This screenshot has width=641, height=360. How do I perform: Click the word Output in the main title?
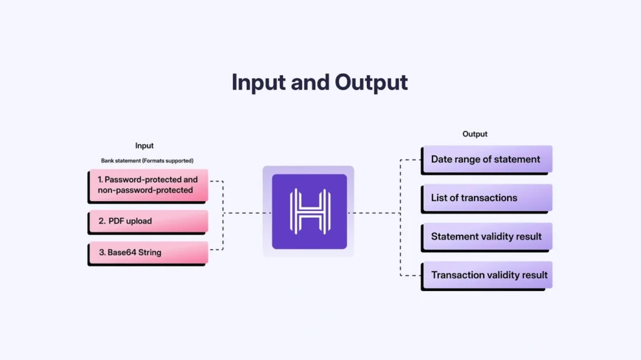point(371,82)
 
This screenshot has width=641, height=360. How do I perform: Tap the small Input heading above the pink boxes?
point(145,146)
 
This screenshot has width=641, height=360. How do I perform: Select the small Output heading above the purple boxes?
point(474,134)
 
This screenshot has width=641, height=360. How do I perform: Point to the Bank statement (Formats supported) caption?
point(147,161)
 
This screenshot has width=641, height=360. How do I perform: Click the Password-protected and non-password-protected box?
point(148,185)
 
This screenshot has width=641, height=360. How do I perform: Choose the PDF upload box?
point(148,221)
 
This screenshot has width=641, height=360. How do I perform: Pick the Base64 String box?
point(148,252)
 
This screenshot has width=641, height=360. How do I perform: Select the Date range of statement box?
point(486,159)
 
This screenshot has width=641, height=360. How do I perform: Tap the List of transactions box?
point(486,198)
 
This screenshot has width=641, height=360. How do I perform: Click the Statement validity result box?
point(486,237)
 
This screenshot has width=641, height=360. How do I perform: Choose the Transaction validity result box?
point(486,275)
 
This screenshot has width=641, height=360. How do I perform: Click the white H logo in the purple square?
point(309,212)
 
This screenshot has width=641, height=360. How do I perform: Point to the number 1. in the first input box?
point(100,180)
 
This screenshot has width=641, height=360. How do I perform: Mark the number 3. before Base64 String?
point(101,252)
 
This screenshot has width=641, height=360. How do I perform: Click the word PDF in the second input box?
point(117,221)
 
